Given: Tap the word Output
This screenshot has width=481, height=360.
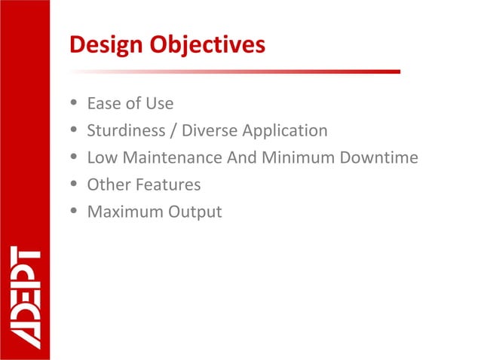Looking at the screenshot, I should tap(195, 212).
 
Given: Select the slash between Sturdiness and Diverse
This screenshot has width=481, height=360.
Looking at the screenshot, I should tap(174, 131).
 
